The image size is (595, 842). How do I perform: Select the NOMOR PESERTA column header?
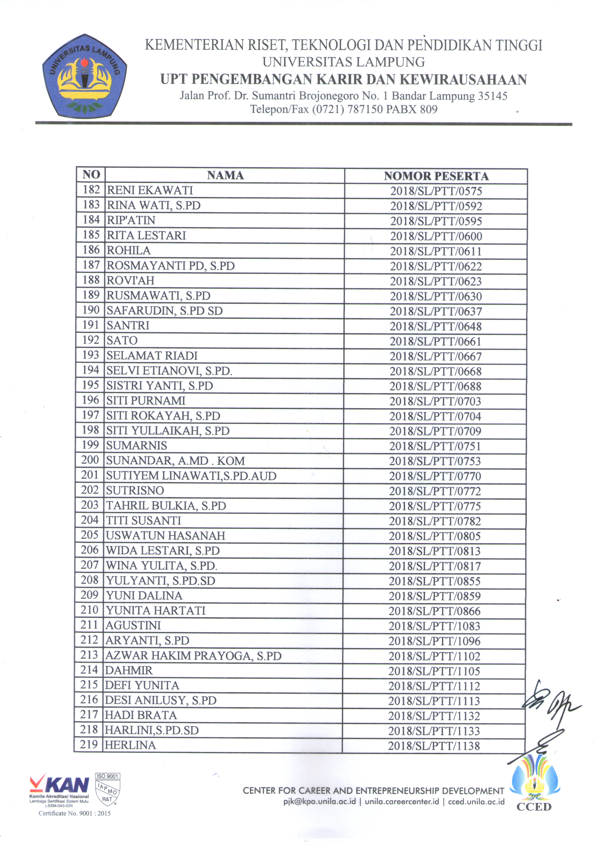click(436, 176)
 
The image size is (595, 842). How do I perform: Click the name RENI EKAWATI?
click(150, 190)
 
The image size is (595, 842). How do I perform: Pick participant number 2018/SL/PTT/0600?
click(436, 236)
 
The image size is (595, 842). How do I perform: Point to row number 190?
click(91, 310)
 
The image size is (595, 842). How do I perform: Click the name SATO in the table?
click(122, 340)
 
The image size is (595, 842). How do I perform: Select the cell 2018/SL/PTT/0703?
click(435, 401)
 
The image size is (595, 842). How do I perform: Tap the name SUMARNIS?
click(136, 446)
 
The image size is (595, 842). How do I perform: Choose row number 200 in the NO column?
click(90, 460)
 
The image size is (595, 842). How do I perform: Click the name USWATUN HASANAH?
click(165, 536)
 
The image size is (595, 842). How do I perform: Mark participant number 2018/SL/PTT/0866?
click(434, 611)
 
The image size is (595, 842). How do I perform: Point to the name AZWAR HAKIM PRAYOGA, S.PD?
click(193, 656)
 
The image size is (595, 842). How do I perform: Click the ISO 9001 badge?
click(107, 788)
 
